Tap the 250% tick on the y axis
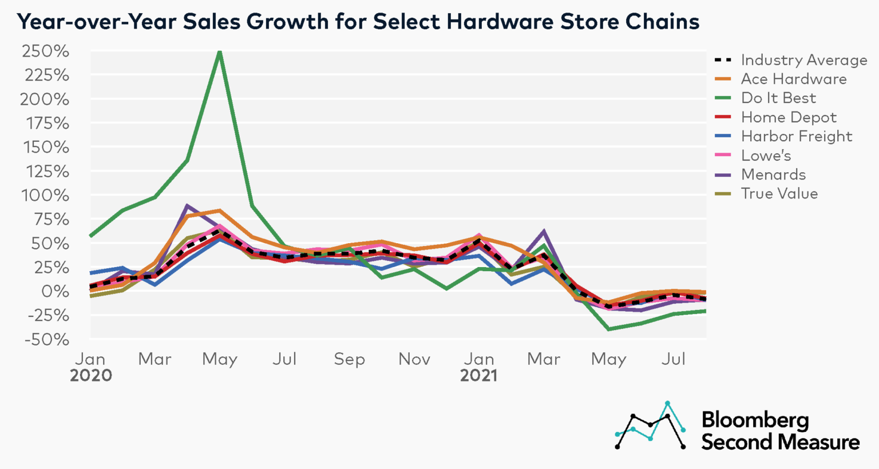(46, 51)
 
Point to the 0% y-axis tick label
(55, 291)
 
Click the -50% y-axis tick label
(47, 339)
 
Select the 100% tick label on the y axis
(46, 195)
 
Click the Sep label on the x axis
(349, 359)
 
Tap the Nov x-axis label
(414, 359)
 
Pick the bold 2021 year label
(478, 376)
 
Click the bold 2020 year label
(91, 376)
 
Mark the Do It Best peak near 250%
(220, 53)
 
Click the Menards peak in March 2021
(544, 232)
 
